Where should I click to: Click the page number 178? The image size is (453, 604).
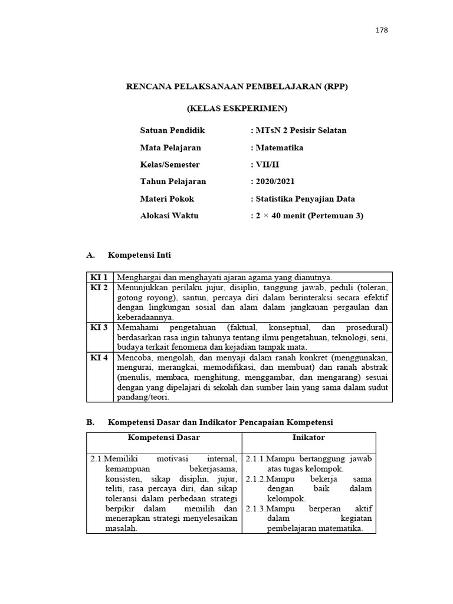[382, 31]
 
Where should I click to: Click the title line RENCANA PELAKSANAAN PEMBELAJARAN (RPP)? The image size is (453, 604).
[237, 87]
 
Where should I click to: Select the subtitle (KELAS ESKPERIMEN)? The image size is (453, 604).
[237, 109]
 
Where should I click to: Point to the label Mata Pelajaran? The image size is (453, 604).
[170, 147]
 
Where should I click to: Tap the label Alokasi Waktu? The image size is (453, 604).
[169, 216]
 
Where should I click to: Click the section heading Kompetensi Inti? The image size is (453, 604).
[139, 255]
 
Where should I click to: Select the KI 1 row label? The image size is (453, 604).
[99, 277]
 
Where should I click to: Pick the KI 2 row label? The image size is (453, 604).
[99, 288]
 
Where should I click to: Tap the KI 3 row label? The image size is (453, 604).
[99, 327]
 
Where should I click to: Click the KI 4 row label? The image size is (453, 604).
[99, 357]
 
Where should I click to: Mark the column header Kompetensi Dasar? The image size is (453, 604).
[164, 438]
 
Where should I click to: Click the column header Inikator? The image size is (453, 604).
[308, 438]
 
